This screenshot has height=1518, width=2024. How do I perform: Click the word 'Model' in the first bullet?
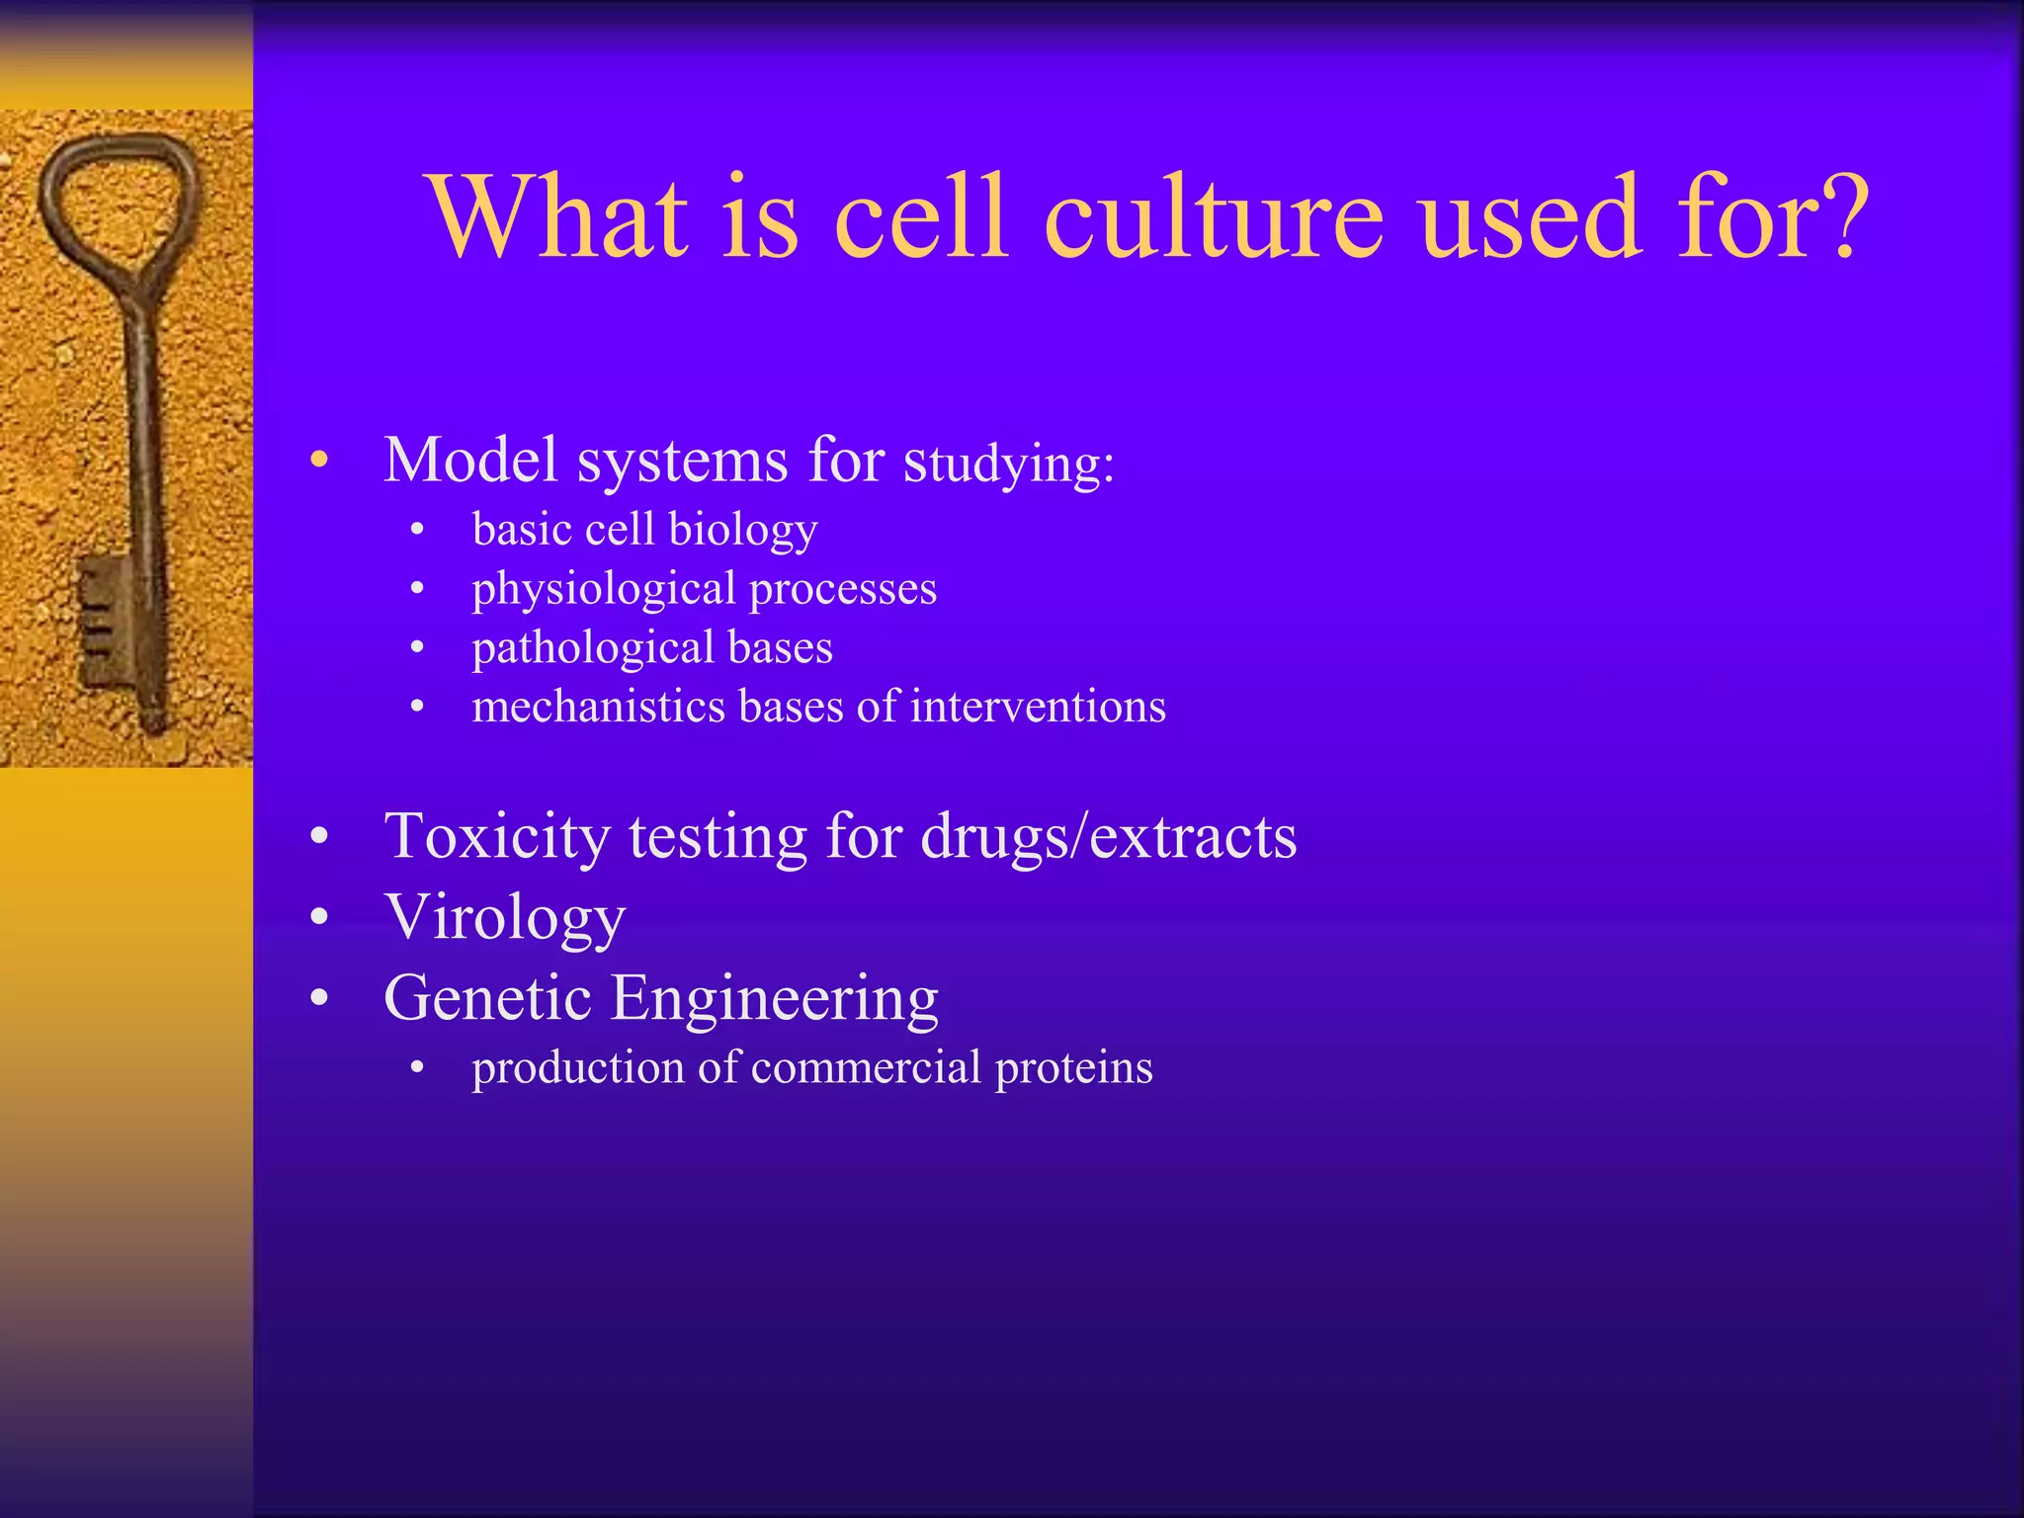(470, 461)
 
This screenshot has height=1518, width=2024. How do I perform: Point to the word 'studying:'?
(1009, 464)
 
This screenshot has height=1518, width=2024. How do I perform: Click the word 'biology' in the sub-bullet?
(742, 531)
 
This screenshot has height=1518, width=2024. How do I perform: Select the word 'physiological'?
(604, 590)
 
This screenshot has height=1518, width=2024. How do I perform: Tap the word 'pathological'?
(592, 649)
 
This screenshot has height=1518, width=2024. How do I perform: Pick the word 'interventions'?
(1038, 707)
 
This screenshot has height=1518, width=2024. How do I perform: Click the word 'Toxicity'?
(496, 837)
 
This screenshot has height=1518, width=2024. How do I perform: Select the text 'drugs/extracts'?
(1108, 837)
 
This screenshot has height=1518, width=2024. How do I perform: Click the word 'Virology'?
(505, 918)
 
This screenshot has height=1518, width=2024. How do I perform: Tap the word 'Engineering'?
(774, 998)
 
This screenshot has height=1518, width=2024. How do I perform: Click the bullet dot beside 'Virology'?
(318, 918)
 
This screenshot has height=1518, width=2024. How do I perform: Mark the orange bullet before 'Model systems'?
(318, 461)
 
